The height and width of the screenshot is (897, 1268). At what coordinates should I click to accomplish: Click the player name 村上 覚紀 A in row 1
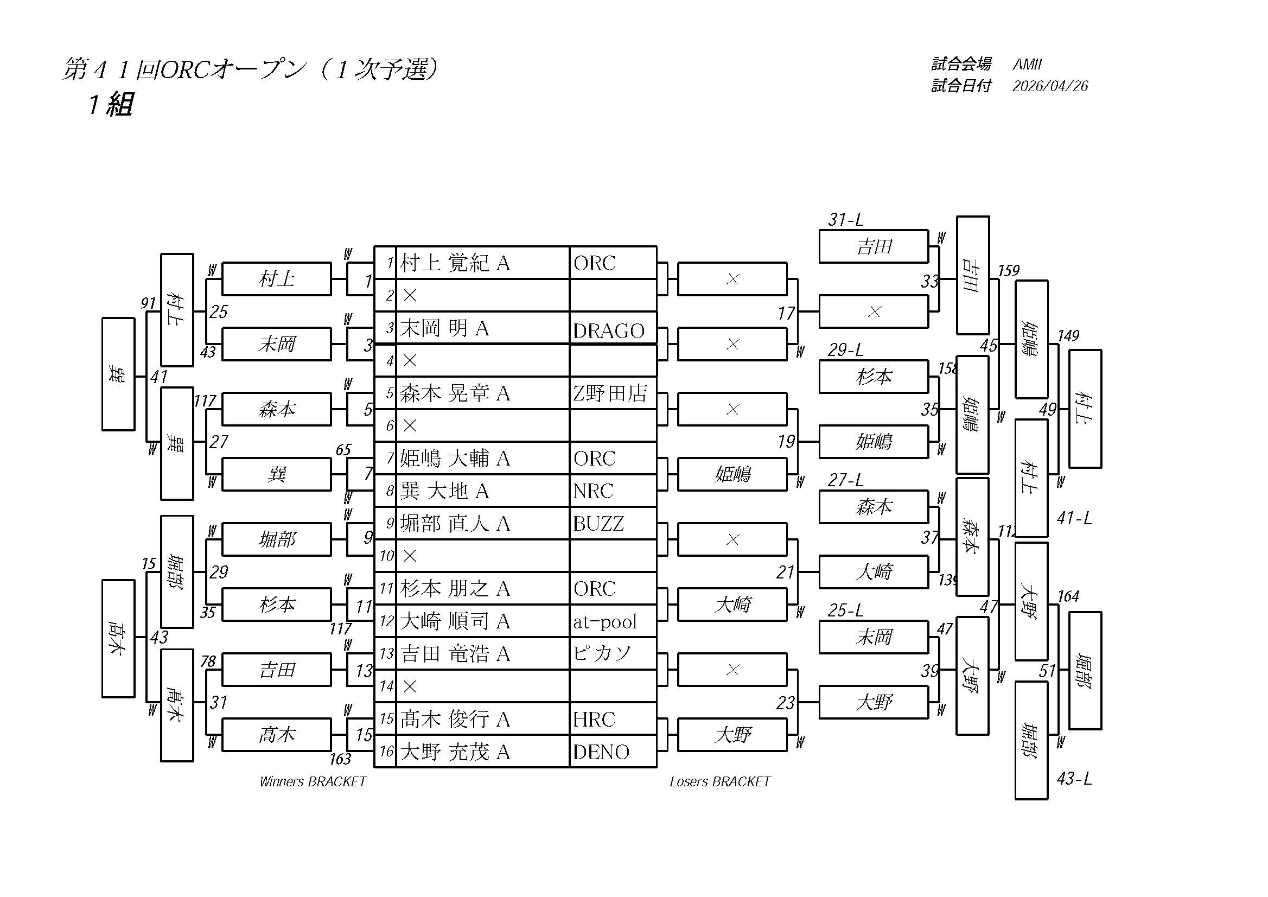[455, 264]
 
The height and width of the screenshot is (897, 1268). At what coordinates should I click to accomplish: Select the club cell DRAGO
[609, 330]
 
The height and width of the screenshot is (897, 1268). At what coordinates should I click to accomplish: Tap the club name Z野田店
[610, 393]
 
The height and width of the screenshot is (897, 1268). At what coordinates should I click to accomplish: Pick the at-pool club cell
[605, 622]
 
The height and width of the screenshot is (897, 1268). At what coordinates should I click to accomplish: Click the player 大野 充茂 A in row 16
[455, 752]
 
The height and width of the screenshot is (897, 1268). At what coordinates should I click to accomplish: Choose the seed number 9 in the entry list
[390, 523]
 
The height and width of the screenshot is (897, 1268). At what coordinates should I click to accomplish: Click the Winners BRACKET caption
[313, 781]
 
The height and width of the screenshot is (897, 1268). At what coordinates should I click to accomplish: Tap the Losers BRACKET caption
[719, 781]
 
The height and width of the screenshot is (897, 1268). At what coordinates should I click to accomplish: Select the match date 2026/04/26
[1050, 86]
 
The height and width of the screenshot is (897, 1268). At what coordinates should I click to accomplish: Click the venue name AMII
[1027, 65]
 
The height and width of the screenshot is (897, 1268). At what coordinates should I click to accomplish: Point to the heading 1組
[111, 104]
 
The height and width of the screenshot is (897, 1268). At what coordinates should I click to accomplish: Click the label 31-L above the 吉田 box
[845, 220]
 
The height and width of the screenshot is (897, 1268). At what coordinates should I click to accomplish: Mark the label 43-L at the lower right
[1074, 778]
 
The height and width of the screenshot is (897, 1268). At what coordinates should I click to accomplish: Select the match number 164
[1068, 596]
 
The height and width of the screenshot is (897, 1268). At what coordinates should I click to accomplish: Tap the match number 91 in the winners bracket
[148, 303]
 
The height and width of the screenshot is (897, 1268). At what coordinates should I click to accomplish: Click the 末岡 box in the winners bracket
[276, 344]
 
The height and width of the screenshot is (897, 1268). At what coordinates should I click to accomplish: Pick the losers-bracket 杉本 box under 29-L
[873, 377]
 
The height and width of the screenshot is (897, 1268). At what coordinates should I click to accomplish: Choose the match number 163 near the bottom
[340, 760]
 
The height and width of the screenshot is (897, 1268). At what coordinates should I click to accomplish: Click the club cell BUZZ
[598, 524]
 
